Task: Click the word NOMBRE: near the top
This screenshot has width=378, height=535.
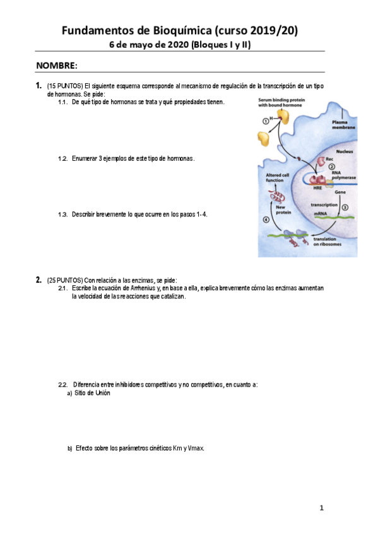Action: [57, 66]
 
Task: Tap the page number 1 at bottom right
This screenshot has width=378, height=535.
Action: [321, 508]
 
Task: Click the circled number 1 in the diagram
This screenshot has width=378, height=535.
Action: [265, 121]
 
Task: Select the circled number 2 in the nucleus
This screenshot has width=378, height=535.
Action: [331, 167]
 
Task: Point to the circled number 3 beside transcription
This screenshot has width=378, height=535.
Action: [345, 207]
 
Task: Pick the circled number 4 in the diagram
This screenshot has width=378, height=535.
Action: [266, 220]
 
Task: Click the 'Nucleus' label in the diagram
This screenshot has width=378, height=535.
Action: [345, 152]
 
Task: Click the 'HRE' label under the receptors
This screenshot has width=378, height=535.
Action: [318, 188]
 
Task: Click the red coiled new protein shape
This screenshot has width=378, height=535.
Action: [277, 198]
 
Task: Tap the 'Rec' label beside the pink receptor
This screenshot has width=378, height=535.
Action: [329, 159]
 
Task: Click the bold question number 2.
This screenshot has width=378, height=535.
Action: [38, 280]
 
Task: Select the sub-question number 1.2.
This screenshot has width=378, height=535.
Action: [62, 158]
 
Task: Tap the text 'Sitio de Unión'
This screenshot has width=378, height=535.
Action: [92, 392]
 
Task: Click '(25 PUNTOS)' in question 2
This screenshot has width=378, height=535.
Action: [64, 280]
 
